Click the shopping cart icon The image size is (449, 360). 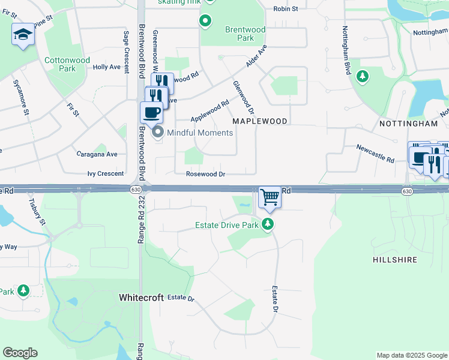pos(270,197)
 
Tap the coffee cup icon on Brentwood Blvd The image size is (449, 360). pos(152,112)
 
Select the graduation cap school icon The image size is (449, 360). pos(23,34)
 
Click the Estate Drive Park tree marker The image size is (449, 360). pos(268,225)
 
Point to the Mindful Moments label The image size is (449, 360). pos(200,133)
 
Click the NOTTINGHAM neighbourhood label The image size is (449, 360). pos(409,124)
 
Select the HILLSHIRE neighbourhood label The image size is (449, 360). pos(394,260)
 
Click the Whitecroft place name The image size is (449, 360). pos(140,297)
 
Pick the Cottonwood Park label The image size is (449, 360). pos(67,64)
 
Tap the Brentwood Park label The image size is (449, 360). pos(245,33)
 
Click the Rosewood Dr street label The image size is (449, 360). pos(205,174)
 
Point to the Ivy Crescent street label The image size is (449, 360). pos(106,173)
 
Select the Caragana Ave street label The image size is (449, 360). pos(97,154)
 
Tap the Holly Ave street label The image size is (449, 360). pos(107,67)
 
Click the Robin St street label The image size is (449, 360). pos(286,8)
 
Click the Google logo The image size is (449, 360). pos(20,353)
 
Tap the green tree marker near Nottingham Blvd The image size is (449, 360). pos(362,76)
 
